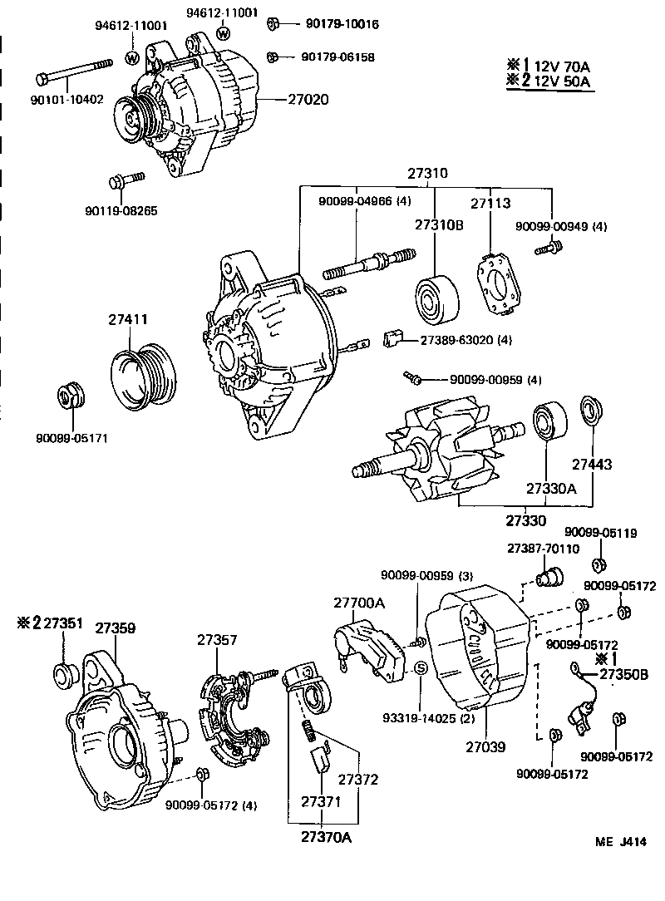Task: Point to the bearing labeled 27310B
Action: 437,297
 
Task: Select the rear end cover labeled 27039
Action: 475,657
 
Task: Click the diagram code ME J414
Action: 619,842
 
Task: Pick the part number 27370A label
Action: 326,836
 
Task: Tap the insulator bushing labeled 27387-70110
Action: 549,575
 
